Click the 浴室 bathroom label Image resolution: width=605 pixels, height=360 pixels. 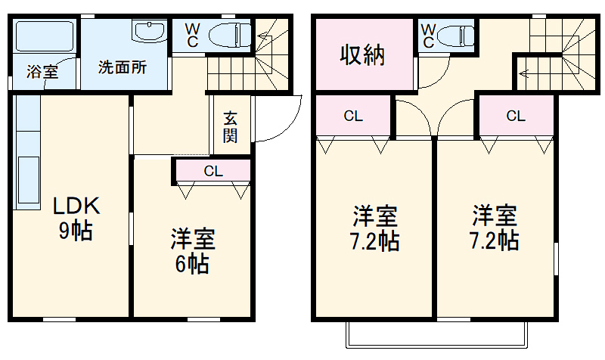point(42,73)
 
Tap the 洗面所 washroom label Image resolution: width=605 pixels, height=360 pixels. point(123,66)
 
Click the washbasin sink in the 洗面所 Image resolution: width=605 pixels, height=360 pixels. point(148,32)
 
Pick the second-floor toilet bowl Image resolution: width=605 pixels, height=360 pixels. point(458,36)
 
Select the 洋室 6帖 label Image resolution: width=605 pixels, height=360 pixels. point(192,251)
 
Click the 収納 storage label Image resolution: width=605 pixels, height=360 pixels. point(363,55)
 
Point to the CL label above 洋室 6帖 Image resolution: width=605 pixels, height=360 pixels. point(213,171)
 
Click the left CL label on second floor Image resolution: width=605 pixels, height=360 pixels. point(353,116)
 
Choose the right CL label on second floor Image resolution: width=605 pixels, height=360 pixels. point(516,116)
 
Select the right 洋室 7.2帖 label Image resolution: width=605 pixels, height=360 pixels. point(495,228)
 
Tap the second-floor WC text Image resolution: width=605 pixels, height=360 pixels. point(428,34)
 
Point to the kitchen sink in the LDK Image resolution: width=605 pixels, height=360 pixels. point(27,182)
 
